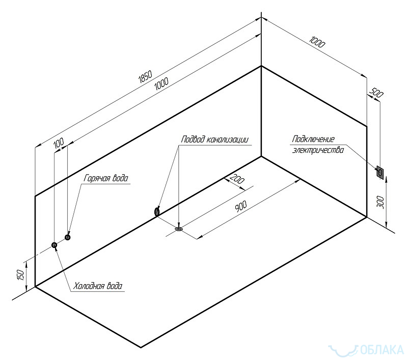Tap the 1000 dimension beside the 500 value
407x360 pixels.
tap(316, 42)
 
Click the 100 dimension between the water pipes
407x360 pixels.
tap(59, 145)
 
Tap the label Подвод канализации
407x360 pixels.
tap(214, 139)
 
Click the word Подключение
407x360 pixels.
tap(313, 139)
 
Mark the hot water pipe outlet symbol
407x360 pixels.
tap(68, 236)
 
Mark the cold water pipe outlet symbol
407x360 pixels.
tap(55, 245)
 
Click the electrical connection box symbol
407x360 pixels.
tap(379, 173)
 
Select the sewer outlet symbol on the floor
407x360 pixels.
tap(179, 229)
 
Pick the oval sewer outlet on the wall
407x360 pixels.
tap(157, 210)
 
